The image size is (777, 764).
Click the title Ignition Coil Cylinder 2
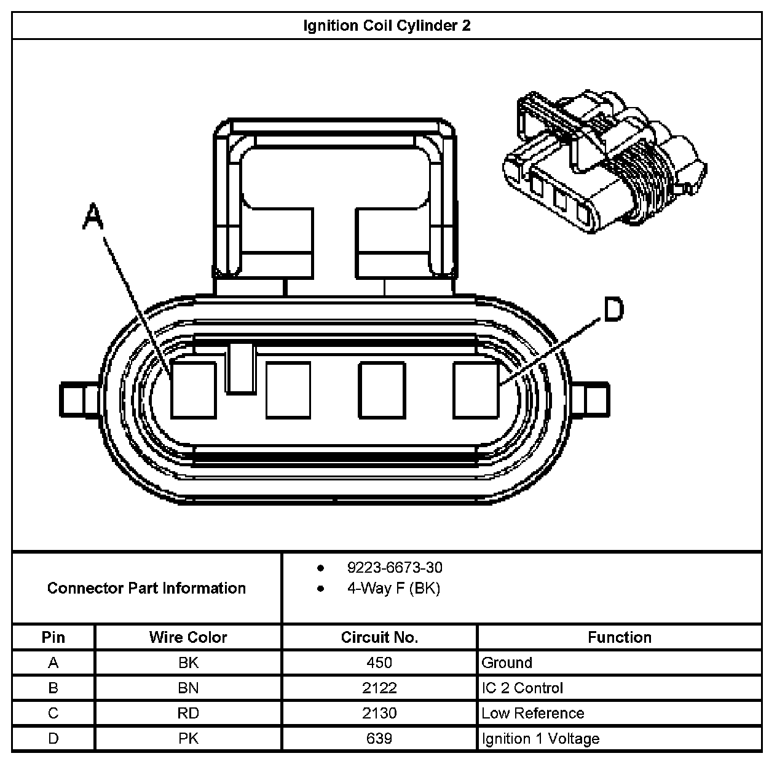[x=387, y=26]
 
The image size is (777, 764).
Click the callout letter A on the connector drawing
[x=92, y=218]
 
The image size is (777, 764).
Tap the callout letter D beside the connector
[x=613, y=309]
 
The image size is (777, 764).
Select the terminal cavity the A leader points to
[x=193, y=390]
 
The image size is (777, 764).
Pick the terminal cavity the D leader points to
[x=476, y=390]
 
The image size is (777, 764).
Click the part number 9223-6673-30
[x=395, y=567]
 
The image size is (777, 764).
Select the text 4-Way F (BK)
[x=393, y=589]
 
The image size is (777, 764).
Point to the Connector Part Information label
[x=146, y=588]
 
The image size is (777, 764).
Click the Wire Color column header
[x=188, y=637]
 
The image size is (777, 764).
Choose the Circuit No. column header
[x=379, y=637]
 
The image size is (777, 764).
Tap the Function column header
[x=619, y=637]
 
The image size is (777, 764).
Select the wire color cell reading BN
[x=188, y=688]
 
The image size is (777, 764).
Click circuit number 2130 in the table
[x=379, y=713]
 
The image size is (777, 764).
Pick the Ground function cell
[x=507, y=663]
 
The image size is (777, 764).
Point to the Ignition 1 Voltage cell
[x=540, y=738]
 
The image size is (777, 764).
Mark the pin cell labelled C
[x=53, y=713]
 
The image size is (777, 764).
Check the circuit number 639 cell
[x=379, y=738]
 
